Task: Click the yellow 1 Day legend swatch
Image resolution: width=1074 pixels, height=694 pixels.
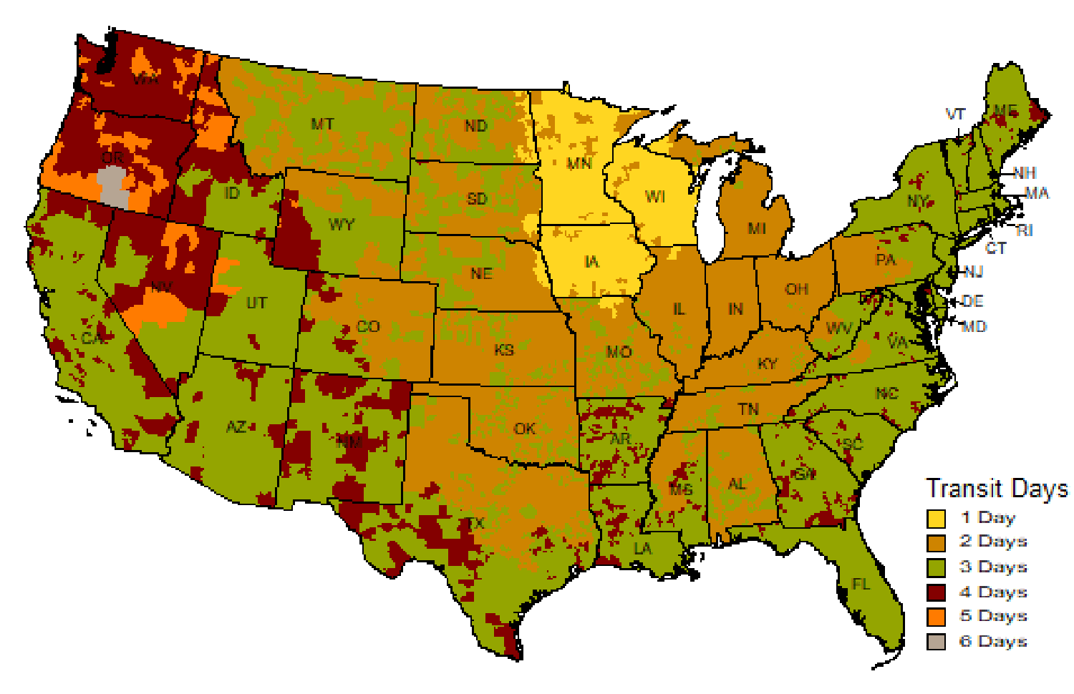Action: click(x=936, y=518)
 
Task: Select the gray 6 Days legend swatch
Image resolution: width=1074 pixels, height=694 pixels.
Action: click(x=936, y=642)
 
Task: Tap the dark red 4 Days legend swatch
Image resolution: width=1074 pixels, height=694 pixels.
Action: click(x=936, y=592)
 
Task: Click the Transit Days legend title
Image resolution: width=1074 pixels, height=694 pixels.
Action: click(x=997, y=489)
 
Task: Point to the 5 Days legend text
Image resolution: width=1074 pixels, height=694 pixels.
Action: click(x=994, y=616)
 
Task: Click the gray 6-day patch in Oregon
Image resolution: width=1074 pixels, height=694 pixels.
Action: click(x=113, y=186)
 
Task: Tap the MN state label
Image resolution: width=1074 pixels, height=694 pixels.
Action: click(x=579, y=163)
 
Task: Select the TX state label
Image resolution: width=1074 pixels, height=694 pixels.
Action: click(x=475, y=523)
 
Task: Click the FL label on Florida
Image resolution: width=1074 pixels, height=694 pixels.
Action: click(x=861, y=585)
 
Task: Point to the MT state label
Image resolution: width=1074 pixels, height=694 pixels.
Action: click(x=322, y=124)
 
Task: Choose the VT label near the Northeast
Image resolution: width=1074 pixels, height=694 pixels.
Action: click(x=955, y=114)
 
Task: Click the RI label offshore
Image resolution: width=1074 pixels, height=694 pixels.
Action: click(x=1024, y=230)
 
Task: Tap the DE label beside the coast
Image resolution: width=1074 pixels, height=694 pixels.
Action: click(x=972, y=301)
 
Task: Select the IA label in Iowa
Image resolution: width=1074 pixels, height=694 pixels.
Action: click(x=591, y=262)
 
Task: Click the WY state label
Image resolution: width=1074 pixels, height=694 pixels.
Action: click(x=342, y=224)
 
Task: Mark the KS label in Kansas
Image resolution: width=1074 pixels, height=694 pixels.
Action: click(x=504, y=350)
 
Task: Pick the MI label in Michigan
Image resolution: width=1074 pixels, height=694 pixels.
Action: click(x=757, y=228)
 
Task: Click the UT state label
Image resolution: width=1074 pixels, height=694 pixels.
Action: click(x=256, y=303)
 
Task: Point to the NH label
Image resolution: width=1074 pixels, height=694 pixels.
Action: click(x=1025, y=173)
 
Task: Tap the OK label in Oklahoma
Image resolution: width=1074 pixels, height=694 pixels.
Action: click(x=525, y=429)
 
